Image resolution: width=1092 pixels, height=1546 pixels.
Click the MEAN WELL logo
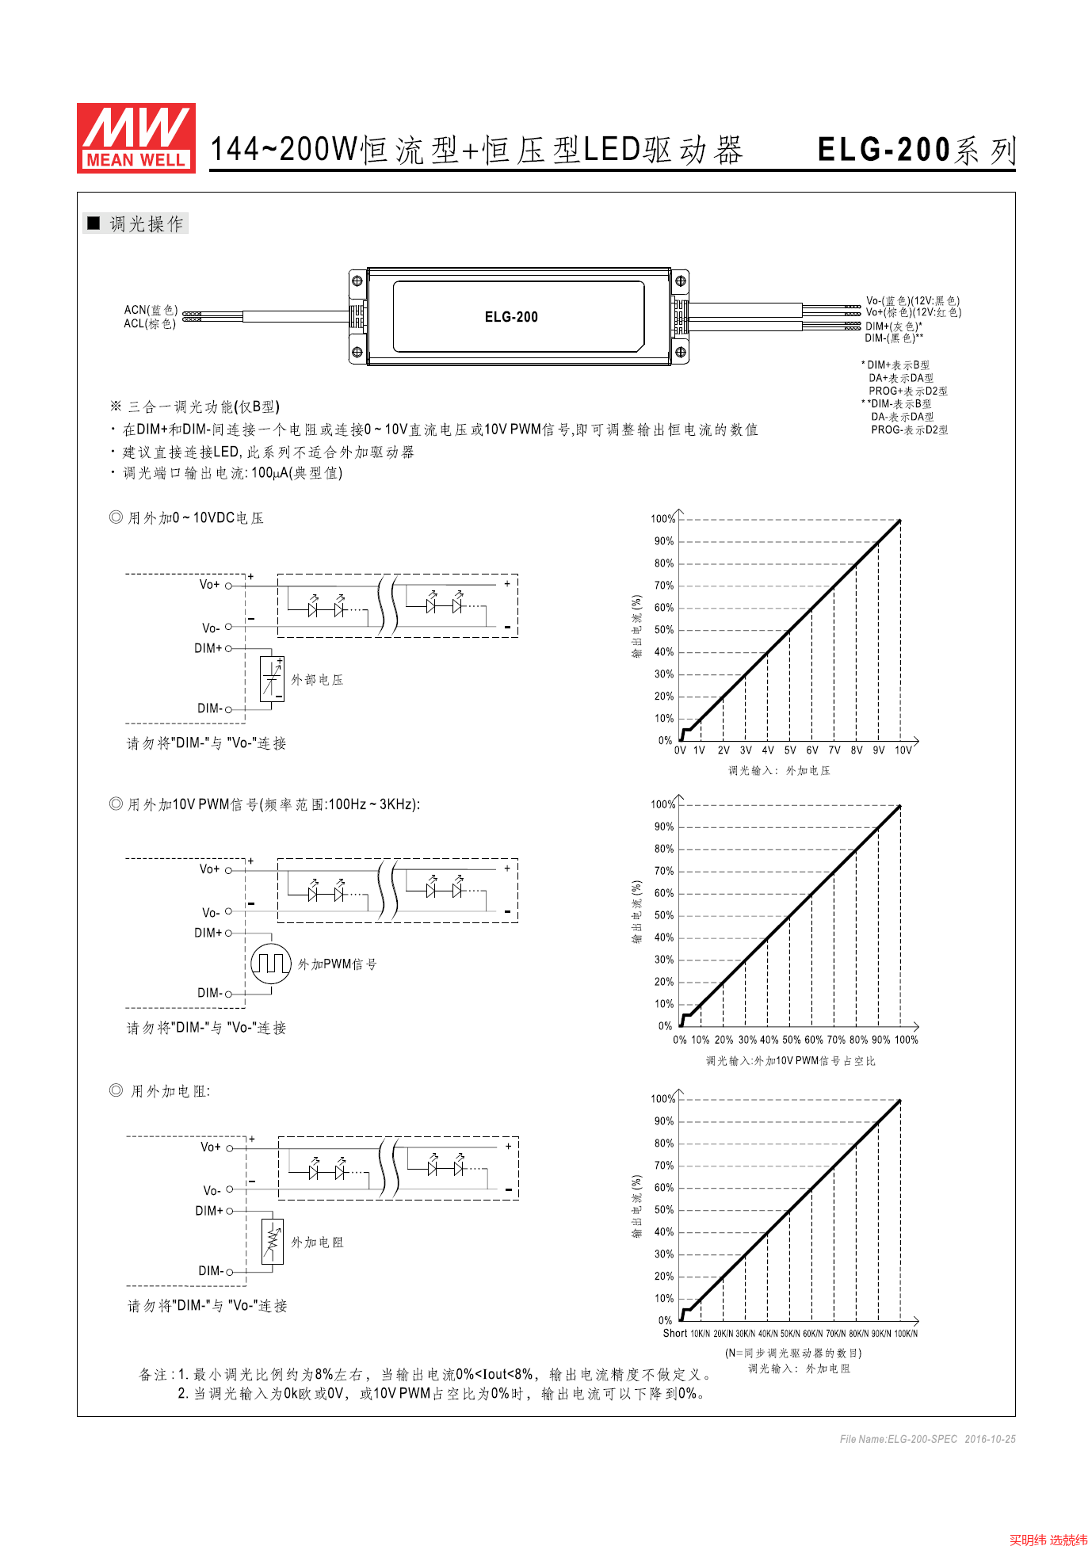(136, 138)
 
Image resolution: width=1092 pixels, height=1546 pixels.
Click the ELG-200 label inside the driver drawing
(511, 317)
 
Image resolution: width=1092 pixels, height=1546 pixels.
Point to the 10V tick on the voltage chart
(903, 750)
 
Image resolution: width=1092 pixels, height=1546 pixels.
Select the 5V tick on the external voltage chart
(790, 750)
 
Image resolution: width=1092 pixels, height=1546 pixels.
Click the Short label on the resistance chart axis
(675, 1334)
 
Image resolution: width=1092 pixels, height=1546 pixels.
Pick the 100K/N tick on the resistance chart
(906, 1334)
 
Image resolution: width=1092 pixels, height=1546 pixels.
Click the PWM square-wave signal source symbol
(271, 964)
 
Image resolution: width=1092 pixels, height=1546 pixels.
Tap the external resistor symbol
(272, 1242)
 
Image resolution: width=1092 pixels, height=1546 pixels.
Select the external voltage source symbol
(272, 679)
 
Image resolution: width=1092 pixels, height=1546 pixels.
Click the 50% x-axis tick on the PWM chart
(791, 1040)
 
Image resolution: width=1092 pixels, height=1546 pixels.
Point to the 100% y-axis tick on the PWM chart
(662, 804)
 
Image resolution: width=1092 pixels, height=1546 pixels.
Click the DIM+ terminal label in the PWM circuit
(208, 933)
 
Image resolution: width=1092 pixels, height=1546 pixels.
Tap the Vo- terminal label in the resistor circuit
(212, 1190)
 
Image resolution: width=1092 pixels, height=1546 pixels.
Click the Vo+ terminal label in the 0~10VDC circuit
(209, 585)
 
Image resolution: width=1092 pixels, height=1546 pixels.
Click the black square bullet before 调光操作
(94, 223)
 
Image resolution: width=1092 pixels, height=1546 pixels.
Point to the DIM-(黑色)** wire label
(894, 338)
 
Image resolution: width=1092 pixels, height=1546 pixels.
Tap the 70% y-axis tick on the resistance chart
(663, 1166)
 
